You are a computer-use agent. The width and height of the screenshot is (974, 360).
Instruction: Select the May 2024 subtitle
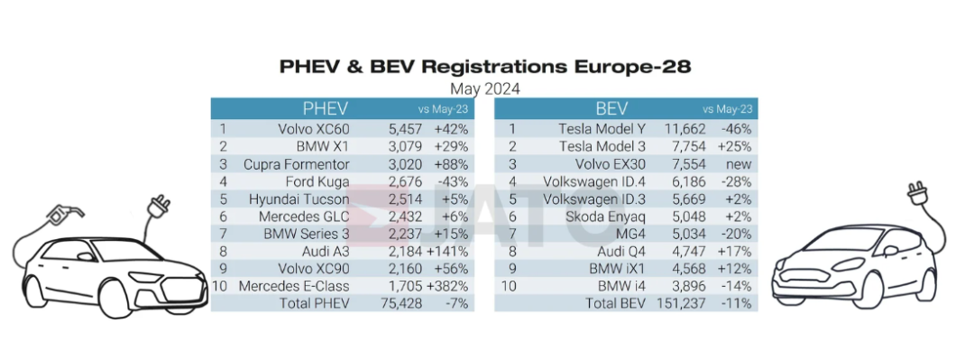tap(485, 89)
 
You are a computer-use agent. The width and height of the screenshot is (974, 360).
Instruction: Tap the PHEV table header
tap(325, 109)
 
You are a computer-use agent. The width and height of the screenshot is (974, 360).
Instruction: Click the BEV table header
tap(611, 109)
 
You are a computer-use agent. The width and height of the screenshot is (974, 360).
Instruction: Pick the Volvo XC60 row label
tap(313, 129)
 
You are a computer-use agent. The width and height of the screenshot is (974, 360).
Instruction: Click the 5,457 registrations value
tap(404, 129)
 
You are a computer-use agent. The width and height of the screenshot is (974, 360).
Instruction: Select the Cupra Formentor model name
tap(297, 164)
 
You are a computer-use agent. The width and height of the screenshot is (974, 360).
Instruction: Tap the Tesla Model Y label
tap(602, 129)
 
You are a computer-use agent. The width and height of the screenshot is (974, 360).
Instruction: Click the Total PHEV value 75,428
tap(401, 303)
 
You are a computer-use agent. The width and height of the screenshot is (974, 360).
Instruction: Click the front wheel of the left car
tap(119, 299)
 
